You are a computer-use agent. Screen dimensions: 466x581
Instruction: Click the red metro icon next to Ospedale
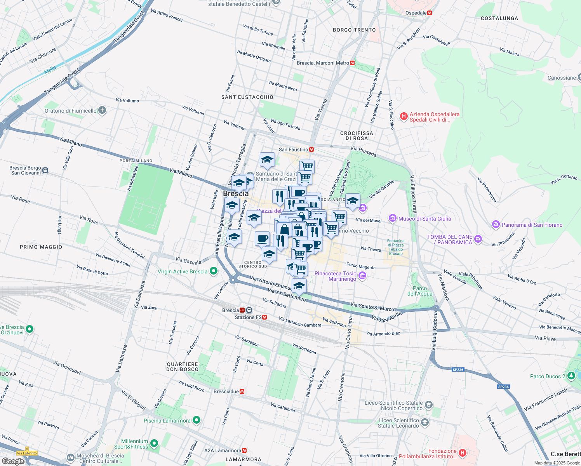(x=430, y=13)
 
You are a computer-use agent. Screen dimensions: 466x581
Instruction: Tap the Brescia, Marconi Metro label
(x=323, y=63)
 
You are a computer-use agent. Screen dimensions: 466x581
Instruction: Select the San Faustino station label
(x=293, y=150)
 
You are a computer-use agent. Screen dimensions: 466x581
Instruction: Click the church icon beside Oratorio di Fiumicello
(x=102, y=111)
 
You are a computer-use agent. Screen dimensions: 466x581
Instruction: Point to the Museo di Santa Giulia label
(x=424, y=219)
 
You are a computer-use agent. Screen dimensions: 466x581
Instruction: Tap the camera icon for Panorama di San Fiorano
(x=496, y=224)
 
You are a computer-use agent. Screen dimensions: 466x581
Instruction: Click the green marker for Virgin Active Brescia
(x=213, y=271)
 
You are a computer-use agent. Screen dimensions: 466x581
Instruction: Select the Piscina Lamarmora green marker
(x=197, y=420)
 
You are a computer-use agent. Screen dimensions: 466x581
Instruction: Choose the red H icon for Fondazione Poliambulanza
(x=462, y=453)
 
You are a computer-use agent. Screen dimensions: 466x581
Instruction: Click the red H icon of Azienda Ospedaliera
(x=404, y=116)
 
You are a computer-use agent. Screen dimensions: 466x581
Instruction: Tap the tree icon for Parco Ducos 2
(x=571, y=376)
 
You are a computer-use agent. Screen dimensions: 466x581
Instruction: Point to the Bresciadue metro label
(x=226, y=391)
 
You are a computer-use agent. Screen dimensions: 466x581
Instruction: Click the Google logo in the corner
(x=13, y=461)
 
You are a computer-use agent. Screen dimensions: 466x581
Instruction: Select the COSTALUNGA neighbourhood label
(x=499, y=18)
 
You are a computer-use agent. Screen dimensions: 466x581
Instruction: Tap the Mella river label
(x=50, y=70)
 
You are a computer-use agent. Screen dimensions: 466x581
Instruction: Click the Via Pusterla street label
(x=363, y=151)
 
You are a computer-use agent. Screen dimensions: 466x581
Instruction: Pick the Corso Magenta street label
(x=361, y=266)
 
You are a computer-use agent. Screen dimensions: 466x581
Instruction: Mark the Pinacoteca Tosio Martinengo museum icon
(x=362, y=276)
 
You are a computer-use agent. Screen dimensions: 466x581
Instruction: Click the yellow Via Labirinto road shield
(x=27, y=453)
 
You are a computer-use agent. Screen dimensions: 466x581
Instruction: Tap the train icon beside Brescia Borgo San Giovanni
(x=45, y=170)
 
